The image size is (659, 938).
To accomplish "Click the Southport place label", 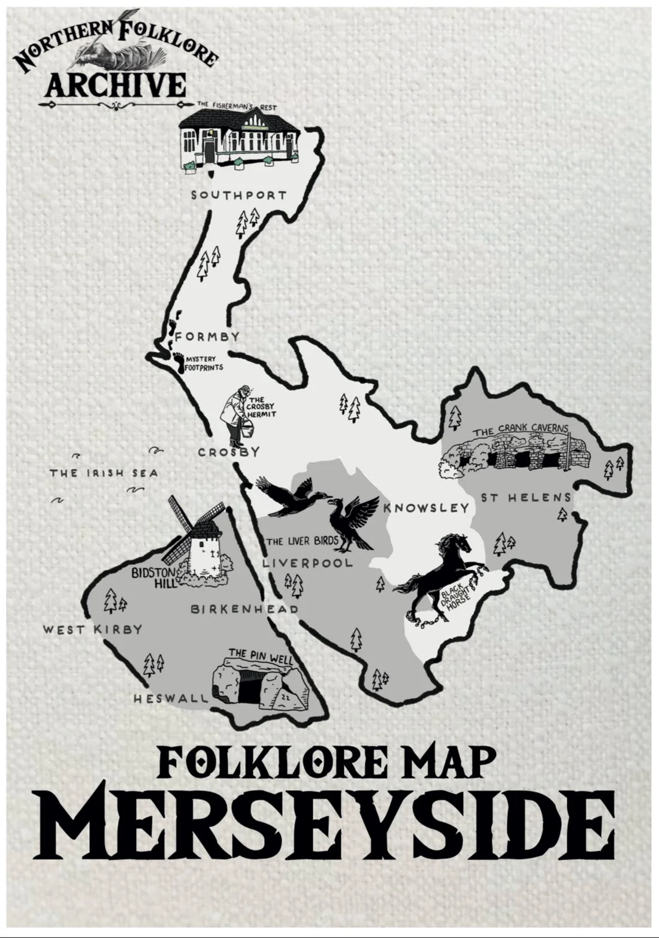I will point(238,195).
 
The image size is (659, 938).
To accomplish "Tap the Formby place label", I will point(207,337).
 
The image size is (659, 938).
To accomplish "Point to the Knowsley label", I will point(426,508).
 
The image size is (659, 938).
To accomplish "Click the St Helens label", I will point(525,498).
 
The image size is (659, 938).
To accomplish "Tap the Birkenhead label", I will point(244,609).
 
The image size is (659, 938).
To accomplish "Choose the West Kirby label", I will point(92,630).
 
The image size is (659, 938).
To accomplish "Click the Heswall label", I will point(171,698).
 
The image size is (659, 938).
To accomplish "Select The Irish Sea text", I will point(104,473).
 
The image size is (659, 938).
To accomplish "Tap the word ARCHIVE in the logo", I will point(116,84).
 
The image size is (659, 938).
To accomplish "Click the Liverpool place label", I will point(307,564).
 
